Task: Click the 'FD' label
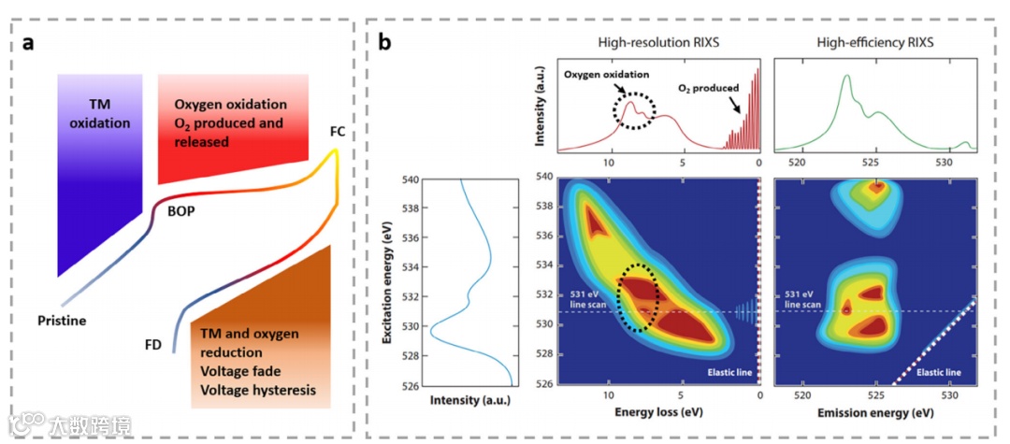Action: coord(153,345)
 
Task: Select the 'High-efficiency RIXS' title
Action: coord(874,43)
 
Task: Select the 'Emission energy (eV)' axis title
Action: coord(873,412)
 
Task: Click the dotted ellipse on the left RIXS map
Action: coord(641,297)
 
